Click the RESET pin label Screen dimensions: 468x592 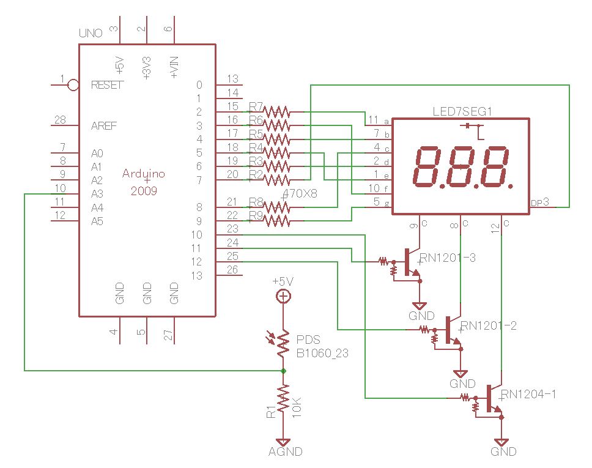click(x=106, y=85)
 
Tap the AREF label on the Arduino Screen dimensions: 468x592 click(x=104, y=126)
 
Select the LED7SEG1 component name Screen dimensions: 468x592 click(x=462, y=111)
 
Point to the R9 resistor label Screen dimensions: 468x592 click(x=256, y=215)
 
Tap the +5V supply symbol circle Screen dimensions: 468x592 click(x=283, y=297)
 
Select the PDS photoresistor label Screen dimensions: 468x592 click(x=308, y=340)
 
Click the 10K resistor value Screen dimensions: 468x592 click(x=298, y=406)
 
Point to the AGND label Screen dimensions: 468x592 click(x=286, y=452)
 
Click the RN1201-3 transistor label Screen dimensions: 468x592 click(x=448, y=258)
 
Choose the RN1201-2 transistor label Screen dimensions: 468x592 click(x=489, y=326)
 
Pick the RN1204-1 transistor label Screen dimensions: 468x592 click(x=528, y=394)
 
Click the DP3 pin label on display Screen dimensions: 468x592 click(x=539, y=202)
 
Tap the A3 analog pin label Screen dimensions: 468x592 click(x=97, y=194)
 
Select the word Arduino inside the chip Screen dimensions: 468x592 click(x=144, y=174)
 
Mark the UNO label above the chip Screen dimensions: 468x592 click(x=91, y=32)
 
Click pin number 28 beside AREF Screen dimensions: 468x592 click(x=60, y=120)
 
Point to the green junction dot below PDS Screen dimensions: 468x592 click(x=283, y=371)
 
